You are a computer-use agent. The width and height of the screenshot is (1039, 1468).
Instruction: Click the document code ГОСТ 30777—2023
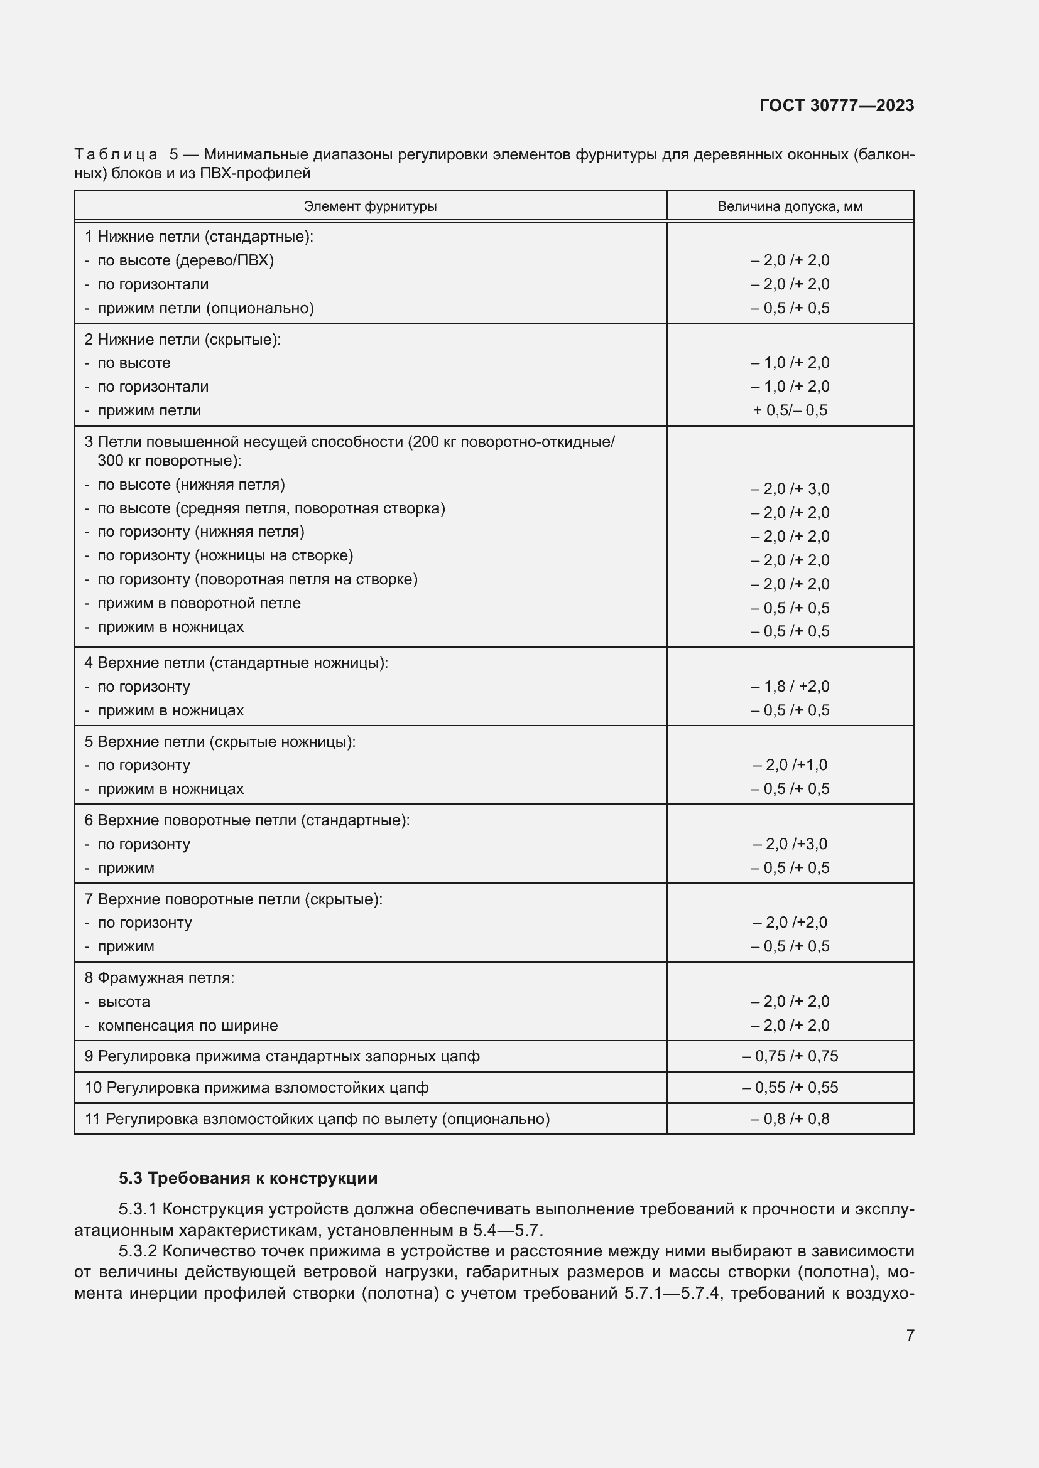pos(836,105)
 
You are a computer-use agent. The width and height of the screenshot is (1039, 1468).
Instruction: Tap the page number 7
pos(910,1334)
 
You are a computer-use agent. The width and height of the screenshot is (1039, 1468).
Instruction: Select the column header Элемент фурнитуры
pos(370,206)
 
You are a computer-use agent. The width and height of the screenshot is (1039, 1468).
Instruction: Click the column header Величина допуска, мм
pos(790,206)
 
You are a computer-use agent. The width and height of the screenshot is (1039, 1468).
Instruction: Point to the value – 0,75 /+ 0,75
pos(790,1056)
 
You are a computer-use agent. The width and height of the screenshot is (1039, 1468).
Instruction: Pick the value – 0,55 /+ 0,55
pos(790,1088)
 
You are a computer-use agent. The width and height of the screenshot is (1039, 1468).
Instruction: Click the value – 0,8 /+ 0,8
pos(790,1119)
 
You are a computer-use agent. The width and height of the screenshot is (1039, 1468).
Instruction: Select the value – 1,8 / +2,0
pos(790,687)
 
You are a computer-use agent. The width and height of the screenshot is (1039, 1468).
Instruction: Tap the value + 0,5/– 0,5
pos(790,410)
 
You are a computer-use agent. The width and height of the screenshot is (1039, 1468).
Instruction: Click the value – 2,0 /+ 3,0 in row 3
pos(790,489)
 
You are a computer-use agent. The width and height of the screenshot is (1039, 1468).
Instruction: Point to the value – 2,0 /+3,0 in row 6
pos(790,844)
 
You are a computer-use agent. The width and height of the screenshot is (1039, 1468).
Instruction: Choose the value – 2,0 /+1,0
pos(790,765)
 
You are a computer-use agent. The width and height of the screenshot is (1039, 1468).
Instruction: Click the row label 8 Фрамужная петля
pos(160,978)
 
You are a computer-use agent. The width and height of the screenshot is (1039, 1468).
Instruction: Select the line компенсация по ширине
pos(187,1026)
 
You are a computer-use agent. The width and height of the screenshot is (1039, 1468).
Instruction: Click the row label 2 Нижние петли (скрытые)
pos(182,340)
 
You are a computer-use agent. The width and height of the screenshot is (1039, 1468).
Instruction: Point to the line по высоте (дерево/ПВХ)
pos(185,261)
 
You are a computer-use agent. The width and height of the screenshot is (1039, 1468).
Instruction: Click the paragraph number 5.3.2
pos(138,1251)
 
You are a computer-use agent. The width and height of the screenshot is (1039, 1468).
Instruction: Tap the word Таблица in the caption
pos(116,155)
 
